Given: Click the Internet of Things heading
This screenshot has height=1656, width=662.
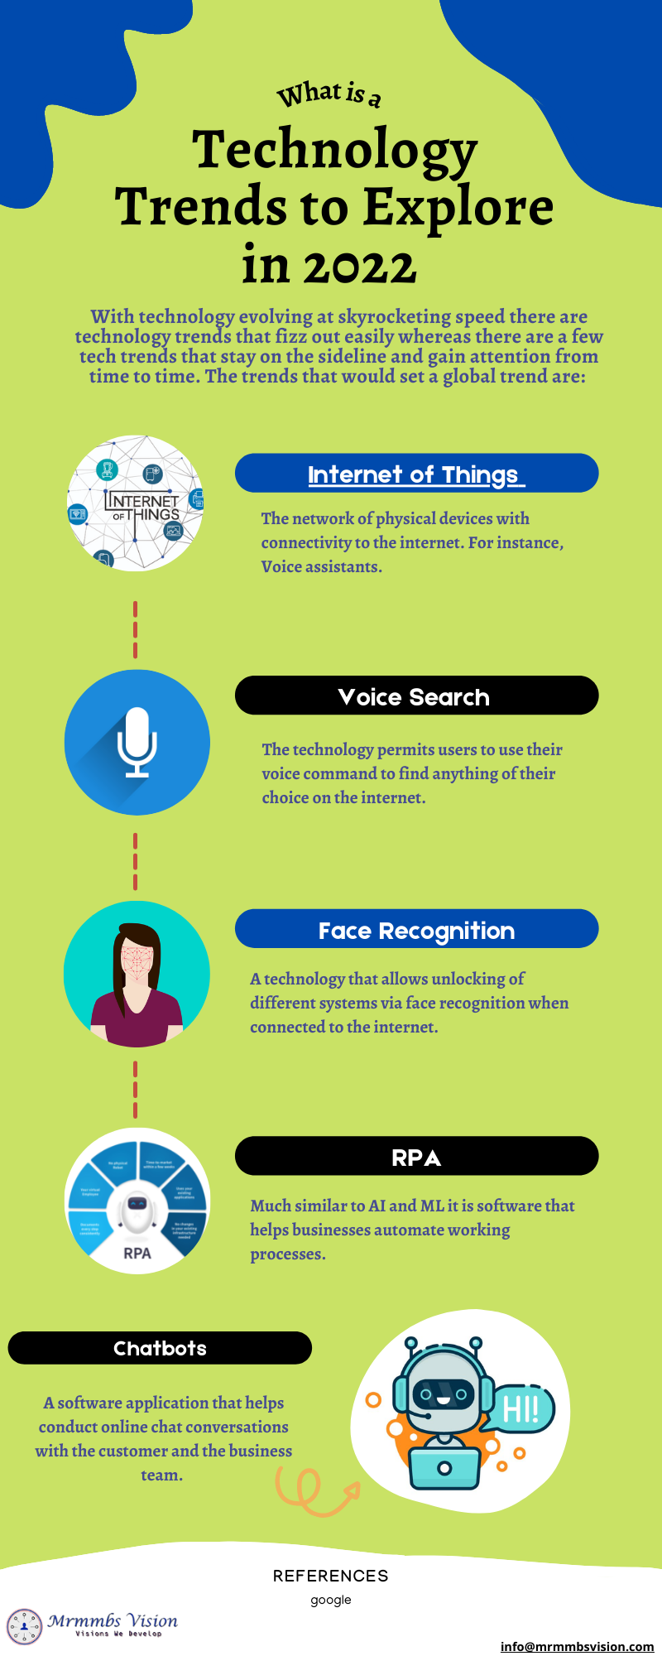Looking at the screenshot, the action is [x=415, y=474].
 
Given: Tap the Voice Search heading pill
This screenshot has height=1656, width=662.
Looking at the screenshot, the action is [x=415, y=696].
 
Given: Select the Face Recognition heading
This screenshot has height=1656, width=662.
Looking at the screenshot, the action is [x=416, y=930].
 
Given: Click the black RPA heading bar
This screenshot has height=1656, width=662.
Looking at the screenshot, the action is [x=416, y=1157].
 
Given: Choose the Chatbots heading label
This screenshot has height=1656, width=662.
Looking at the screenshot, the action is [x=160, y=1348].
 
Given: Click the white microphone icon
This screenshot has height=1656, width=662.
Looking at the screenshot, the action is [x=137, y=742].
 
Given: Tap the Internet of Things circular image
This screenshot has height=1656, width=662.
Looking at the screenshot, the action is [x=135, y=503].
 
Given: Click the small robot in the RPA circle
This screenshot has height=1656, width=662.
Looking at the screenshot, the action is [x=137, y=1211].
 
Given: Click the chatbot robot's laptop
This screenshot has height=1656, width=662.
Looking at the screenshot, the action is [x=444, y=1466].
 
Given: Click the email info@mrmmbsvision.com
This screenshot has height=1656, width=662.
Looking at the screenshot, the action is [x=577, y=1646].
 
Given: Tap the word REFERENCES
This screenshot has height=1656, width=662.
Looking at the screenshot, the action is [x=331, y=1576].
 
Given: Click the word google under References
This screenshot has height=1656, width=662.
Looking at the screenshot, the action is [x=331, y=1600].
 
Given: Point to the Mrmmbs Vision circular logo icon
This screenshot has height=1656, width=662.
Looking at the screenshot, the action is [x=25, y=1626].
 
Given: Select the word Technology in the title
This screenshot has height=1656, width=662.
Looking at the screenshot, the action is [x=335, y=150].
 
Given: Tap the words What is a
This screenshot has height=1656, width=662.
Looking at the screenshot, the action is [x=329, y=94].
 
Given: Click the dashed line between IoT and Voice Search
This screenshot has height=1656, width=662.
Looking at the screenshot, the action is [x=136, y=629].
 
